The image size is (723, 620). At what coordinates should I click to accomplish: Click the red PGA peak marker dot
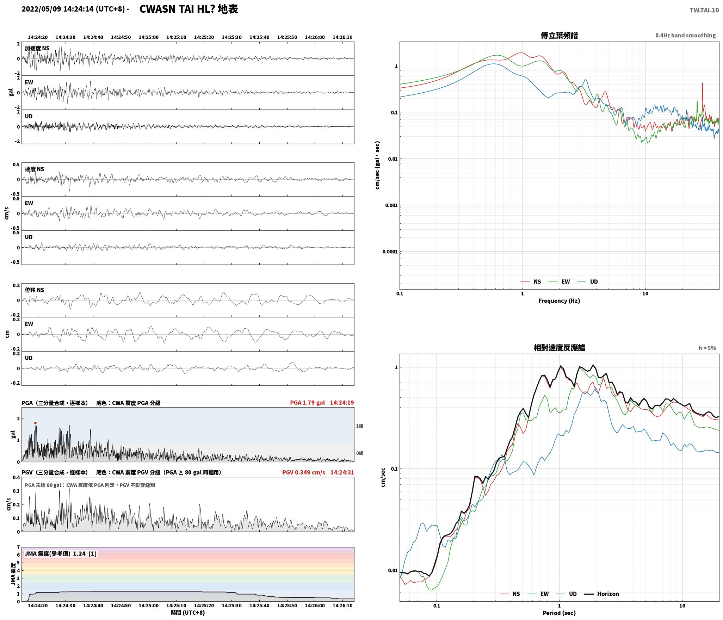coord(35,423)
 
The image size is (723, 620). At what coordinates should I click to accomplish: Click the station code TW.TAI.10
coord(704,10)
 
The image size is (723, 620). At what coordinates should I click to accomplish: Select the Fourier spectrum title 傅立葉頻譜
coord(559,36)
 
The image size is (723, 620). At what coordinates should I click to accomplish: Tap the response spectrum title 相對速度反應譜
coord(559,348)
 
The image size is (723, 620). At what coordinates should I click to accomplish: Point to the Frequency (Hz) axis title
coord(559,300)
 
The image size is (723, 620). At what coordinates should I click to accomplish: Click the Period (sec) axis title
coord(559,613)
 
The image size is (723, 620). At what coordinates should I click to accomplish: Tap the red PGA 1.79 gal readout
coord(307,403)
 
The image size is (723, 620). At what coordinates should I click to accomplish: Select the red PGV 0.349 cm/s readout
coord(303,472)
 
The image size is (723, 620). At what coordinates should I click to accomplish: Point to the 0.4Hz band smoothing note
coord(685,36)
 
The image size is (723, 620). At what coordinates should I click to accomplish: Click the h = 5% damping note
coord(707,348)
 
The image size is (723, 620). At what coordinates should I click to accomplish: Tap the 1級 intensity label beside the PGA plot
coord(359,426)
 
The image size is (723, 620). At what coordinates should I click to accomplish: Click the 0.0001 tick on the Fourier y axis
coord(390,252)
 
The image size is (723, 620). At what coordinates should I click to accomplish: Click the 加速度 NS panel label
coord(37,48)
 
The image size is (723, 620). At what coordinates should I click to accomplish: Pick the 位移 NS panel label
coord(35,290)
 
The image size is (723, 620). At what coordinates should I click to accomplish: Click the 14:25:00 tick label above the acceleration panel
coord(148,37)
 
